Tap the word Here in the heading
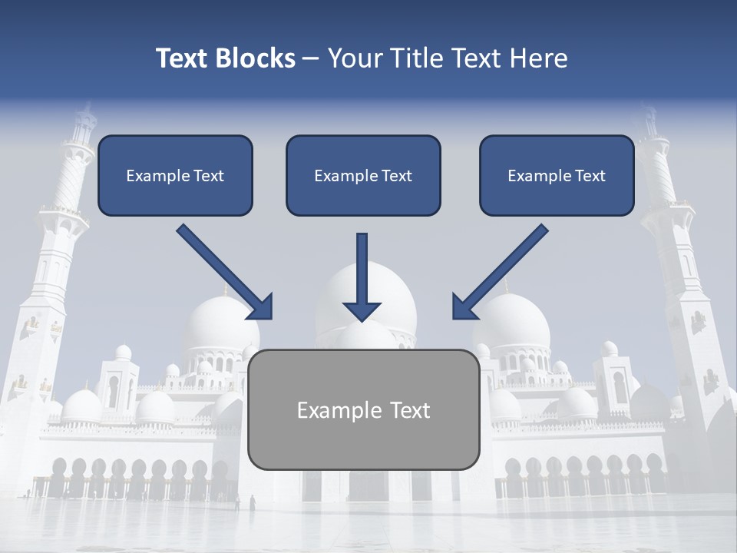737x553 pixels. (x=538, y=58)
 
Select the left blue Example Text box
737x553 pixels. (x=175, y=175)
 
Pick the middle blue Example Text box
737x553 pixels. (x=363, y=175)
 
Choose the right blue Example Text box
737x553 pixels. (x=557, y=175)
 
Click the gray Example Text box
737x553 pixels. (x=363, y=409)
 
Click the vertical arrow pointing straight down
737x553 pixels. (x=362, y=273)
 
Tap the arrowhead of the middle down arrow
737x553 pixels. (x=362, y=310)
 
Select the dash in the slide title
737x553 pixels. (x=311, y=58)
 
